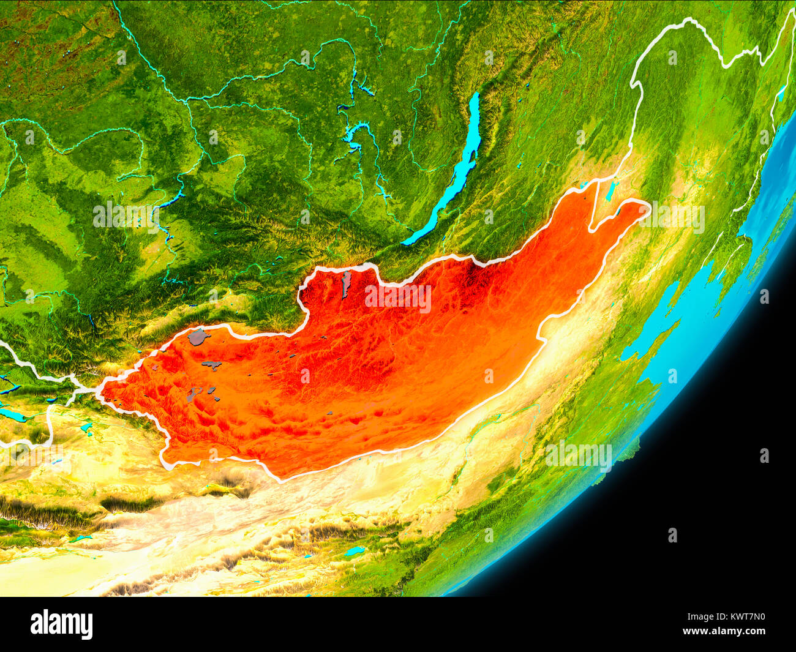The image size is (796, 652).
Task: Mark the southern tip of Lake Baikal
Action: [405, 243]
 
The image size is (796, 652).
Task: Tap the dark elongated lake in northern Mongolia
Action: [346, 283]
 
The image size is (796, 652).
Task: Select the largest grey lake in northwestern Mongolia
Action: [198, 337]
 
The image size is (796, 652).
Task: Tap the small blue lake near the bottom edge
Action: [354, 551]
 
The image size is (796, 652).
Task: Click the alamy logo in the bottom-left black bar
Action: [61, 624]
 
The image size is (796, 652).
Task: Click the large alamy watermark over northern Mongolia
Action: [398, 298]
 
